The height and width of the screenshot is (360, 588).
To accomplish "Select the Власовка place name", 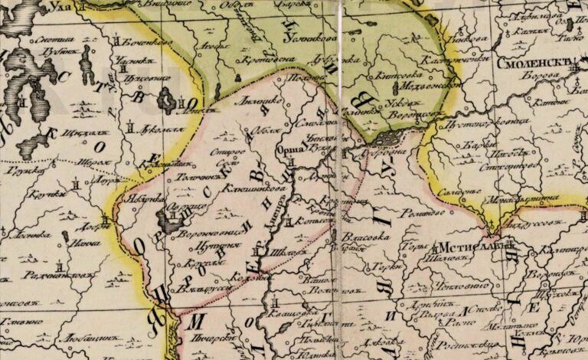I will coord(364,237).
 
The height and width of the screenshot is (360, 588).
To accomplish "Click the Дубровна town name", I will coord(380,152).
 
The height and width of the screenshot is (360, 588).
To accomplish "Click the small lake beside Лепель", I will coord(165,99).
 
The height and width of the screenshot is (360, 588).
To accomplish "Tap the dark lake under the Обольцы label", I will coord(168,221).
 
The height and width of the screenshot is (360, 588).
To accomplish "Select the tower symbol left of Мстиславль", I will coord(433,247).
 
